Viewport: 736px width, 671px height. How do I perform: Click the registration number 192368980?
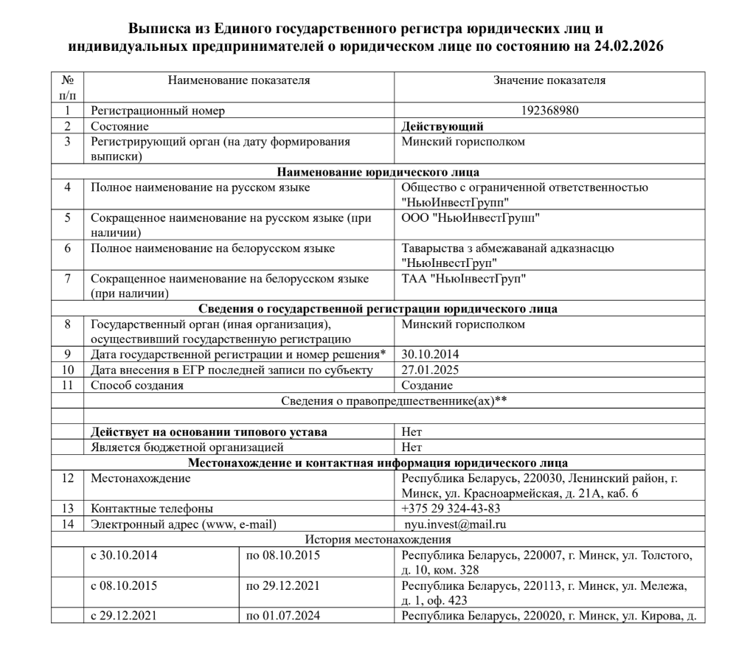pyautogui.click(x=549, y=111)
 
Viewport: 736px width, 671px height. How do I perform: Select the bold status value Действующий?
pyautogui.click(x=442, y=126)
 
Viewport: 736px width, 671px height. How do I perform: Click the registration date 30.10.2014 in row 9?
pyautogui.click(x=430, y=354)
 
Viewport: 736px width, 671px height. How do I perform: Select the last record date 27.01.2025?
pyautogui.click(x=430, y=369)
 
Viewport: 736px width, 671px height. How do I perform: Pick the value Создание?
pyautogui.click(x=427, y=385)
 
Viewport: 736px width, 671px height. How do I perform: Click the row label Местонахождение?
pyautogui.click(x=140, y=479)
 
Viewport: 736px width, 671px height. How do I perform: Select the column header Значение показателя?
pyautogui.click(x=549, y=79)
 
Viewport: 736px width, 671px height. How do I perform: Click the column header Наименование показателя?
pyautogui.click(x=239, y=79)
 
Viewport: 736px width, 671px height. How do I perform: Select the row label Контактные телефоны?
pyautogui.click(x=152, y=508)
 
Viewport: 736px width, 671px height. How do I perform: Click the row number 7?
pyautogui.click(x=67, y=279)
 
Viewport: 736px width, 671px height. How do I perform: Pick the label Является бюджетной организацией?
pyautogui.click(x=187, y=447)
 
